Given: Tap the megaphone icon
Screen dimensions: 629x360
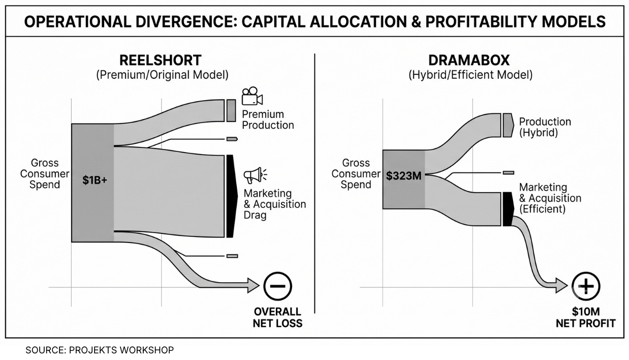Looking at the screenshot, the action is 255,175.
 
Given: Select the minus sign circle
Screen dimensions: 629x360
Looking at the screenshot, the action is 278,286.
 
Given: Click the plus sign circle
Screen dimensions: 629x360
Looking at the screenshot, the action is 586,286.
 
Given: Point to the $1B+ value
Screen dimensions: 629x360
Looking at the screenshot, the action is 95,180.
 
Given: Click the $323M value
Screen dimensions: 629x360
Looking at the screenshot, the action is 403,176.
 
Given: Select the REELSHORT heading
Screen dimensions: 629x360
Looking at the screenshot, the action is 161,60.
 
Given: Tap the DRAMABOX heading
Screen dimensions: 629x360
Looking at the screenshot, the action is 469,60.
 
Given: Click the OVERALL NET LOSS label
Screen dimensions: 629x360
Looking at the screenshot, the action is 277,318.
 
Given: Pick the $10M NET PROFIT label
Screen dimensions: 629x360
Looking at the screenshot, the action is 586,318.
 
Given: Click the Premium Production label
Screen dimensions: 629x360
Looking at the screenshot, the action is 268,119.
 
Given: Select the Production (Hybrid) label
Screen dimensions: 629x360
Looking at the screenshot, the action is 545,127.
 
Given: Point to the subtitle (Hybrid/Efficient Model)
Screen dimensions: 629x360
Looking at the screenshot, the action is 470,75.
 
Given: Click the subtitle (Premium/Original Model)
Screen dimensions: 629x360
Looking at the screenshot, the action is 162,75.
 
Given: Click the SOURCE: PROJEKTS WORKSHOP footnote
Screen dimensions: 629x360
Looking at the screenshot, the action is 100,350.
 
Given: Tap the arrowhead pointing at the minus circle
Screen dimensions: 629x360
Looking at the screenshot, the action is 254,286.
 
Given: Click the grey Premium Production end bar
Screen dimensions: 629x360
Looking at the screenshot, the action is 231,110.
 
